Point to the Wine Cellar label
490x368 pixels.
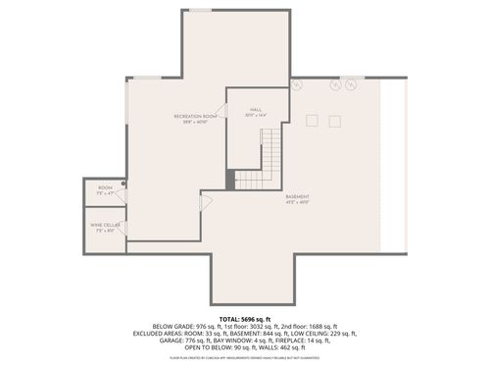[x=104, y=228]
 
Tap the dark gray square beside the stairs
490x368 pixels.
[x=231, y=180]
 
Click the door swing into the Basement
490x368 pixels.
[x=205, y=202]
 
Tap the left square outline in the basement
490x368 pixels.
[x=313, y=121]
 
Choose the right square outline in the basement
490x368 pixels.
[x=335, y=121]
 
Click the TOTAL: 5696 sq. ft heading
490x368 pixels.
[x=244, y=319]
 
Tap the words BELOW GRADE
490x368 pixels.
[x=173, y=326]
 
